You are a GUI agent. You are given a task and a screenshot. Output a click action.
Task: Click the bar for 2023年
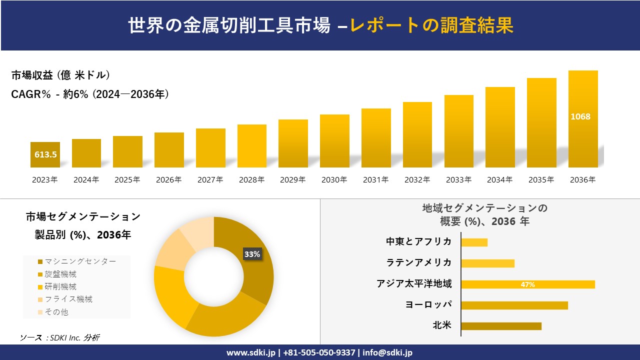pos(45,154)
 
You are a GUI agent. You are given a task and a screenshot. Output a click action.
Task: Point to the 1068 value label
pos(580,116)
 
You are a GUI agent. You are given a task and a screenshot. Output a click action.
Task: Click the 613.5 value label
pos(45,154)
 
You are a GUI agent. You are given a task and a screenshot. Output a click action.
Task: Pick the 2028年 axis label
pos(251,180)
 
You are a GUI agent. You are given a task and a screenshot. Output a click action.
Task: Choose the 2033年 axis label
pos(458,180)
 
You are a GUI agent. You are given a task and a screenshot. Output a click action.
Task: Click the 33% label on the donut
pos(252,254)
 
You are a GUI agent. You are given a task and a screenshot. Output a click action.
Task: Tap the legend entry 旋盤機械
pos(60,274)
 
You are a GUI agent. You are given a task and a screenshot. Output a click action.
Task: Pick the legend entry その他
pos(56,311)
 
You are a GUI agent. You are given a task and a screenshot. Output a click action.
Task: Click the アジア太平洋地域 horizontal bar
pos(528,284)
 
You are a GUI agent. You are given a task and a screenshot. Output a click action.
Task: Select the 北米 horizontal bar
pos(501,326)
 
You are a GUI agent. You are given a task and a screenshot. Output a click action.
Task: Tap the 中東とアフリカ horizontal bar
pos(474,242)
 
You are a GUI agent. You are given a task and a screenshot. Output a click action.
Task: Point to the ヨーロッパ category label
pos(428,304)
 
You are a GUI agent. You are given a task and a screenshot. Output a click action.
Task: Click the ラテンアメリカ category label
pos(419,262)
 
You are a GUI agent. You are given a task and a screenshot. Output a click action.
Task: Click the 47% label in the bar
pos(527,284)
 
